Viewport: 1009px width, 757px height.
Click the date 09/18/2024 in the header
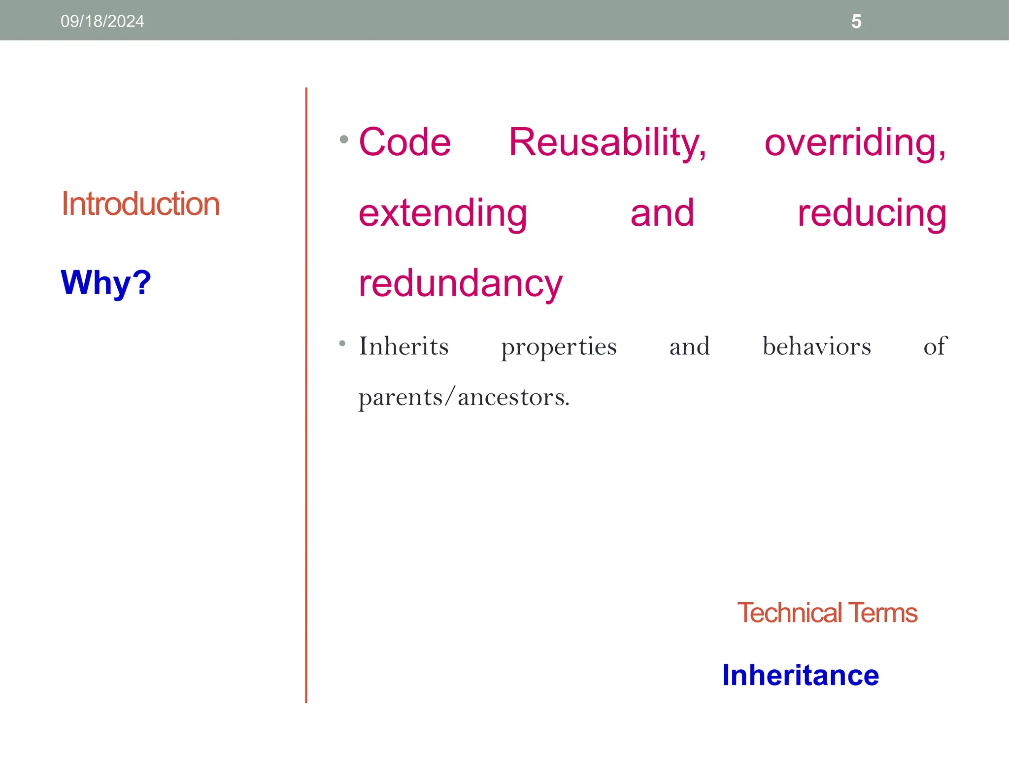tap(102, 21)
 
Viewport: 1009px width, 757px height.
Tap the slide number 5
tap(856, 22)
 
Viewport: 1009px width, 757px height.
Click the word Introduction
tap(140, 204)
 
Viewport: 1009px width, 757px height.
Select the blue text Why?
tap(106, 283)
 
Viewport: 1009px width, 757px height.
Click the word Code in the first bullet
tap(404, 142)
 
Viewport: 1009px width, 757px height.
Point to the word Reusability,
tap(607, 142)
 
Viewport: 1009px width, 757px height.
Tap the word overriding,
tap(855, 142)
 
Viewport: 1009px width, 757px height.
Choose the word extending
tap(442, 213)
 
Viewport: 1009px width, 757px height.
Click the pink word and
tap(662, 213)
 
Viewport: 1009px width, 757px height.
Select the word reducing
tap(872, 213)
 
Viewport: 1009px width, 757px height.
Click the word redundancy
tap(460, 284)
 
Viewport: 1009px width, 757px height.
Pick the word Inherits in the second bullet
tap(404, 346)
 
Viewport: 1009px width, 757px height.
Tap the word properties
tap(559, 347)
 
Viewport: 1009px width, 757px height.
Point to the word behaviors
tap(816, 346)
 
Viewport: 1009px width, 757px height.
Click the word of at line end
tap(935, 346)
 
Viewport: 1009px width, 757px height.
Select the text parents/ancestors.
tap(464, 397)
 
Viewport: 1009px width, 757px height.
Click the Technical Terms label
tap(827, 613)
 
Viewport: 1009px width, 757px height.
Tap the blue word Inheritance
tap(800, 675)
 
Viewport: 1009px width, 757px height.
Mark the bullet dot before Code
tap(344, 139)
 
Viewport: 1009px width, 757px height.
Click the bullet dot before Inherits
tap(342, 343)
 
